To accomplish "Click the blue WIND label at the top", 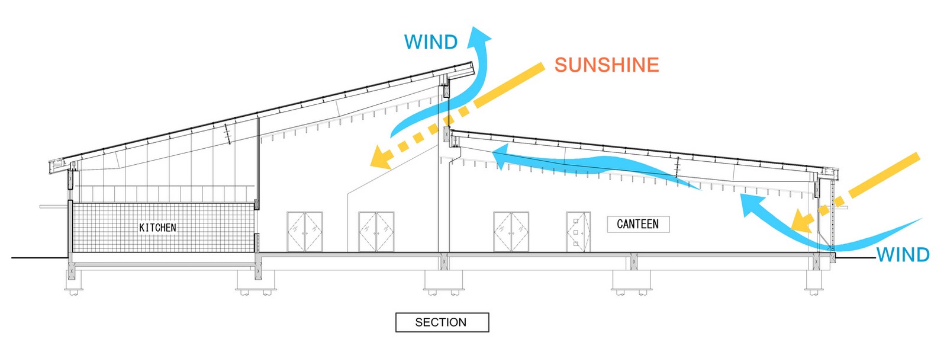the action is tap(431, 42).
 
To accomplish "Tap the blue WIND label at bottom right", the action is tap(903, 255).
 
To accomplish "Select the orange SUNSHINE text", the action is tap(607, 65).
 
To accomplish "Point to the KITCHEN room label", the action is tap(157, 228).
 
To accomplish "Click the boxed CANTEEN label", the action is tap(638, 224).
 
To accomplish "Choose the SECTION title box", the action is tap(442, 322).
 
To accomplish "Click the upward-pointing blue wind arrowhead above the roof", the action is tap(479, 36).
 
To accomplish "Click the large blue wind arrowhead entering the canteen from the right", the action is tap(754, 205).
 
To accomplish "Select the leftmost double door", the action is tap(305, 232).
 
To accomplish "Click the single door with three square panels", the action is tap(578, 232).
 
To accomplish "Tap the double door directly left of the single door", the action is tap(511, 232).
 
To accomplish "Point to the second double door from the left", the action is tap(376, 232).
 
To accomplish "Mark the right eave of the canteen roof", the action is tap(830, 171).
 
